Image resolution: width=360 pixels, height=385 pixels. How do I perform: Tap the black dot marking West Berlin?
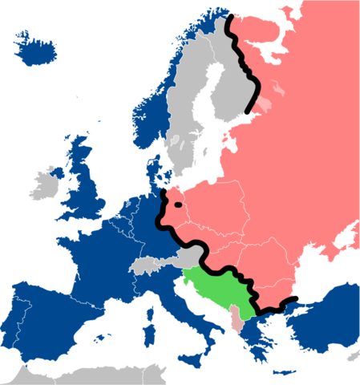coord(178,204)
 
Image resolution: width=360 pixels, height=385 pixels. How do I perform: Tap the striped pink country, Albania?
coord(234,318)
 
